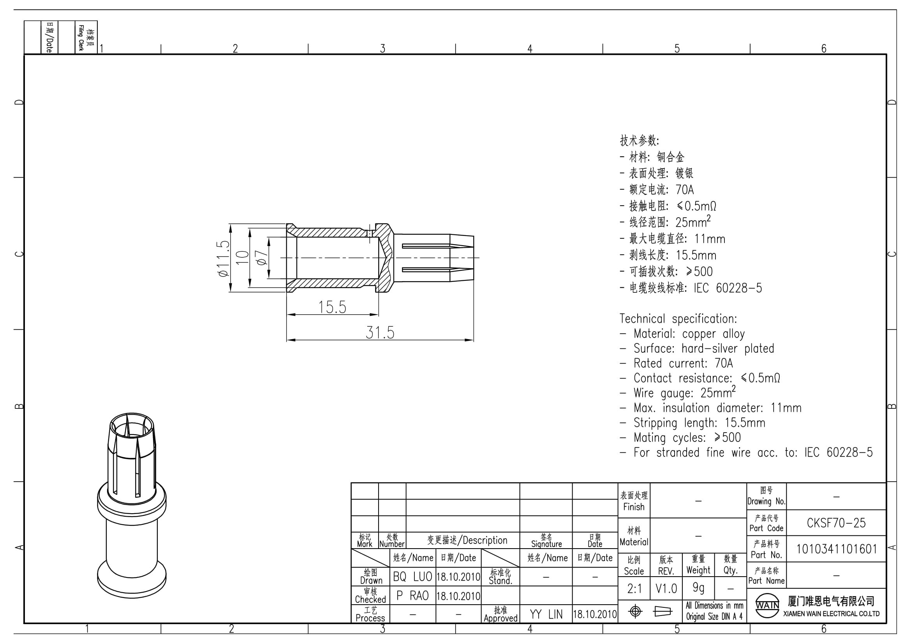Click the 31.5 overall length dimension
tap(380, 333)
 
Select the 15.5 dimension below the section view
tap(332, 307)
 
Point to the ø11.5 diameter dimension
tap(223, 258)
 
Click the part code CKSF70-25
tap(836, 523)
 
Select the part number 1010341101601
tap(836, 549)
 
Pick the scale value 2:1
tap(634, 588)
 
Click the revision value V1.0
tap(666, 588)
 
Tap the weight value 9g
tap(698, 588)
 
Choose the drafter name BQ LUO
tap(412, 577)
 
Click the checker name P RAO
tap(412, 596)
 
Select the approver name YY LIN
tap(546, 614)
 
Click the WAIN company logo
tap(767, 605)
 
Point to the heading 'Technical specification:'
tap(678, 319)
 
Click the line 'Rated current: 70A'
tap(683, 363)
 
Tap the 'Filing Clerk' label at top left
tap(81, 38)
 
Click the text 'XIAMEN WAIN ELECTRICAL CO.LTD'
tap(832, 614)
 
